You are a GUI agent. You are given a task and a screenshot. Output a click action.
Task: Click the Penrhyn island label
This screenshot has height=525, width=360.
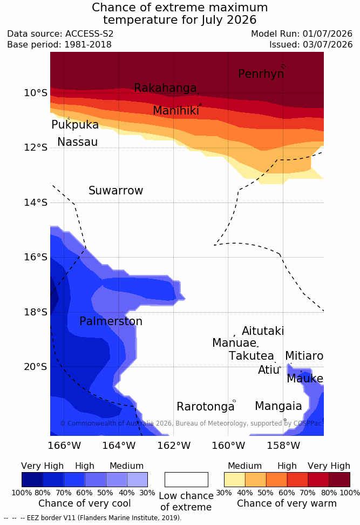click(x=261, y=74)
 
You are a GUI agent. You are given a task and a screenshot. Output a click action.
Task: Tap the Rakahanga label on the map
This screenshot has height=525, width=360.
click(x=165, y=87)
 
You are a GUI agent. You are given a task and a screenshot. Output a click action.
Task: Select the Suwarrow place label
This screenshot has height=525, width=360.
click(x=116, y=191)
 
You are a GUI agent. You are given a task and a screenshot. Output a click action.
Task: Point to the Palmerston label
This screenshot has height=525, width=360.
click(x=111, y=321)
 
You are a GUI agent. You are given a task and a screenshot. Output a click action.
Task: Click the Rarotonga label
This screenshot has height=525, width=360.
click(x=206, y=407)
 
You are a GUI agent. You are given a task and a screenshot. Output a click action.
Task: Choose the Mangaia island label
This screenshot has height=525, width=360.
click(x=279, y=406)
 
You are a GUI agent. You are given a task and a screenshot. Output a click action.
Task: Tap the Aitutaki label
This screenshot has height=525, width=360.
click(x=263, y=331)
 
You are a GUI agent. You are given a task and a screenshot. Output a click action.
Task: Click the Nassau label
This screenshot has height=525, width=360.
click(x=78, y=142)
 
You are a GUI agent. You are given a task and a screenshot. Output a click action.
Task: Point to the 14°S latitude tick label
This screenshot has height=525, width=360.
click(x=36, y=203)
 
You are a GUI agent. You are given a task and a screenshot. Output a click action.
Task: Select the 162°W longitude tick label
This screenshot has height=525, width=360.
click(x=174, y=446)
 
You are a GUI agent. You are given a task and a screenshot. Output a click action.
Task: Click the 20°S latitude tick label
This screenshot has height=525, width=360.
click(x=36, y=367)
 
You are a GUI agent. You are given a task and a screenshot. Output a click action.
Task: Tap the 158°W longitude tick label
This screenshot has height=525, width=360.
click(x=283, y=446)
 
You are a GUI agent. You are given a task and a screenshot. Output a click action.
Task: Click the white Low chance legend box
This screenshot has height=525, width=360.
click(x=186, y=480)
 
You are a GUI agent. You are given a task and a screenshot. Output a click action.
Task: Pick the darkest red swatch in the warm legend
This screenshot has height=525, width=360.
click(x=339, y=480)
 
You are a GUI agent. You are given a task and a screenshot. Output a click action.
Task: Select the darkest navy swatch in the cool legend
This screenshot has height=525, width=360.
click(x=32, y=480)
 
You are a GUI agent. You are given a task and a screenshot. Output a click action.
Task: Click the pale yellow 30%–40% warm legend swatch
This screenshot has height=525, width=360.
click(x=235, y=480)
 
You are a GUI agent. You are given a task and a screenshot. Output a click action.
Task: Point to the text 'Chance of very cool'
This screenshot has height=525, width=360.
click(x=85, y=503)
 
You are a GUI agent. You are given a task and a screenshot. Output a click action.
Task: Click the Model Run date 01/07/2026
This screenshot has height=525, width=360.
click(x=328, y=34)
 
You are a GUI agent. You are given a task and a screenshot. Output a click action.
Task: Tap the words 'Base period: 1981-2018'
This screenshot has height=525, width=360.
click(x=59, y=44)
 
